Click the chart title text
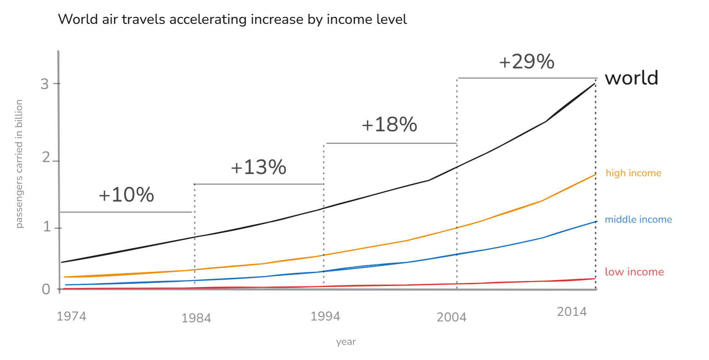232,20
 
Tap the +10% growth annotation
126,196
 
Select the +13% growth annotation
259,168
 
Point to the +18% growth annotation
389,125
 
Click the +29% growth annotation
527,62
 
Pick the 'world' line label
631,78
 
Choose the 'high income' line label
633,173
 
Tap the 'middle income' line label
638,219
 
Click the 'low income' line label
634,272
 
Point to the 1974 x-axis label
71,316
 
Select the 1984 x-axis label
196,318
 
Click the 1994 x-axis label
325,316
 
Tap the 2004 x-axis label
451,318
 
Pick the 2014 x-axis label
572,312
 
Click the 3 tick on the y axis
44,84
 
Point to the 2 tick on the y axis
45,158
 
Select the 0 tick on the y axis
45,289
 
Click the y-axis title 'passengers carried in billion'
19,164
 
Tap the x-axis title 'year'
346,342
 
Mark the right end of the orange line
596,174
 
